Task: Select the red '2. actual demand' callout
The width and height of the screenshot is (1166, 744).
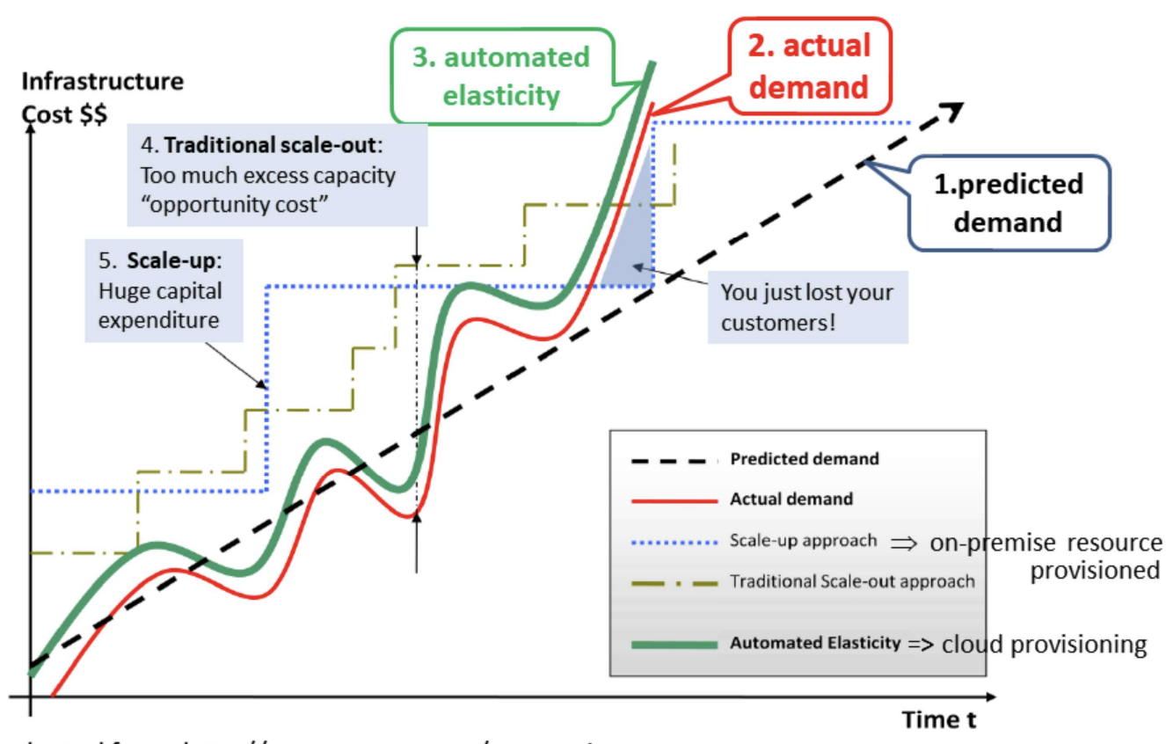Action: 809,66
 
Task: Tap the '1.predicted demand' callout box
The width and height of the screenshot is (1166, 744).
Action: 1008,202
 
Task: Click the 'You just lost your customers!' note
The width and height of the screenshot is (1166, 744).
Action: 806,307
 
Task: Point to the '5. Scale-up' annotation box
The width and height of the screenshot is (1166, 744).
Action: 164,290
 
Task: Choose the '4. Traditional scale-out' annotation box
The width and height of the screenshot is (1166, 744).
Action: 277,175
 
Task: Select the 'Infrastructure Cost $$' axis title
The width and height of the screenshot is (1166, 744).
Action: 102,97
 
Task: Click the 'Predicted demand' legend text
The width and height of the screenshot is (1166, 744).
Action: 804,459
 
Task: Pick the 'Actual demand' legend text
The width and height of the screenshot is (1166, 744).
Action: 791,499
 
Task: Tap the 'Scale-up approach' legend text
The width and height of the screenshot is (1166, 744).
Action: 803,541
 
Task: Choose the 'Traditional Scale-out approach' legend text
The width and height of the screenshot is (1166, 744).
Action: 851,581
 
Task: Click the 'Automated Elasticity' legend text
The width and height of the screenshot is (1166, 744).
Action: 814,643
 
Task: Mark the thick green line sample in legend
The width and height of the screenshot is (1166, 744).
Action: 674,645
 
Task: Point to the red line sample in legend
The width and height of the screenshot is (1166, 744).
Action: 674,500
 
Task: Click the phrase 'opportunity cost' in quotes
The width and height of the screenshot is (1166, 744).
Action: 235,205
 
